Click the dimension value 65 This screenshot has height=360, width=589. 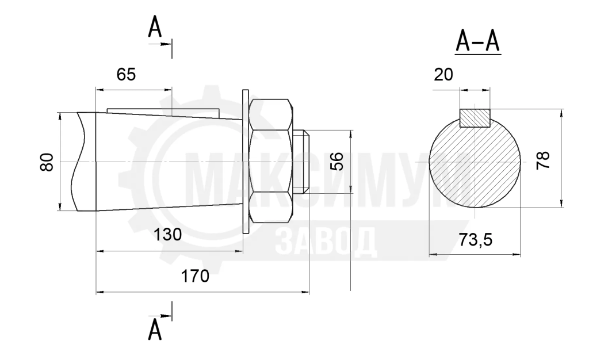[x=126, y=75]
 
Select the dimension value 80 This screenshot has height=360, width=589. [x=47, y=162]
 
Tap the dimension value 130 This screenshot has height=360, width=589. [x=167, y=235]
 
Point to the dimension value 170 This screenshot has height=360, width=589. [x=195, y=276]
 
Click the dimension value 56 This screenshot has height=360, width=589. [x=337, y=161]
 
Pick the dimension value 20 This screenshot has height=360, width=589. [x=443, y=75]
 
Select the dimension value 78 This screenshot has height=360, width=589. [x=543, y=160]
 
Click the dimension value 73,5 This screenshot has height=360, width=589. [x=475, y=239]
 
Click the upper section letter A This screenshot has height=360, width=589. [x=155, y=27]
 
